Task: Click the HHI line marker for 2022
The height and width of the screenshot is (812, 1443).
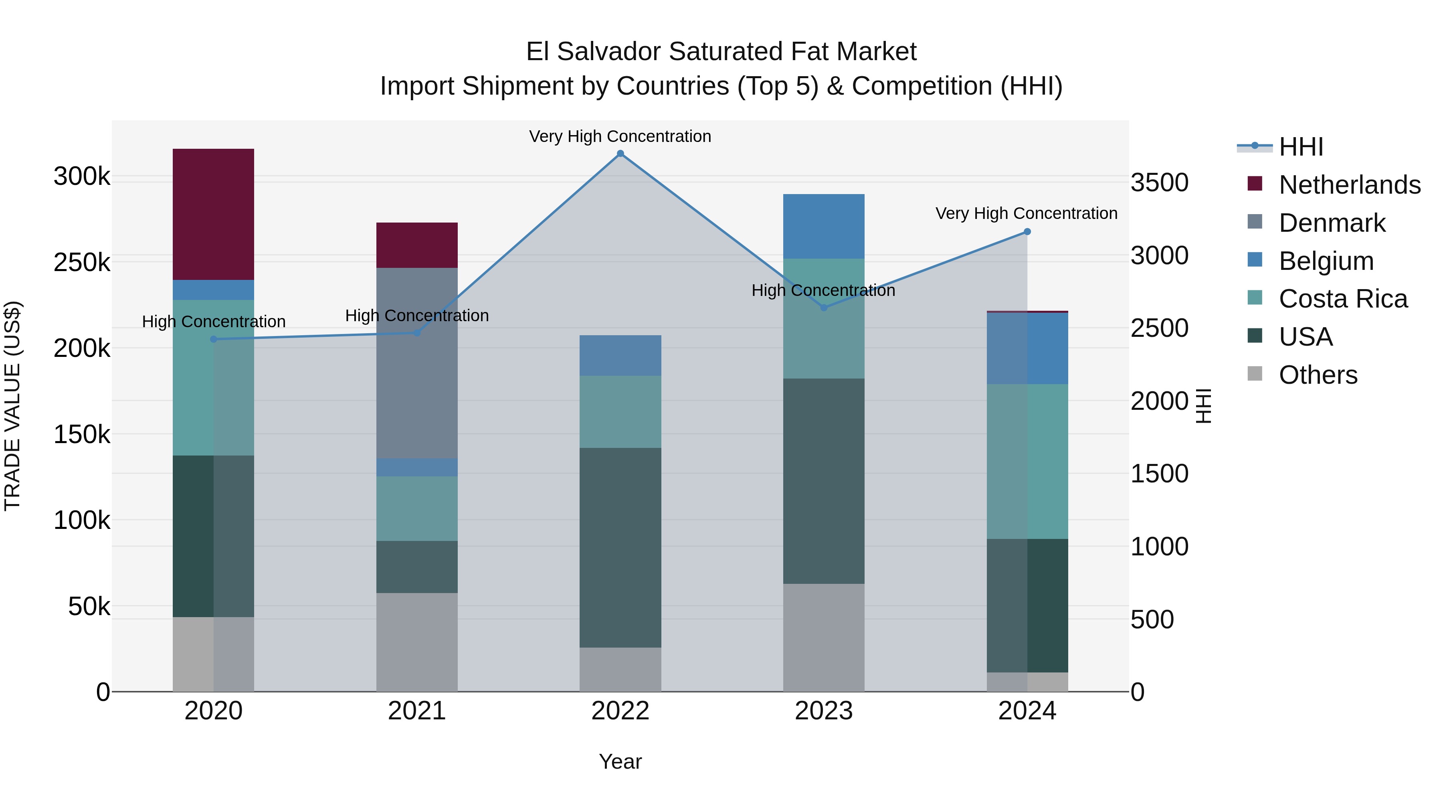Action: tap(620, 154)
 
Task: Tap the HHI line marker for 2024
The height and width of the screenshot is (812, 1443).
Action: tap(1027, 231)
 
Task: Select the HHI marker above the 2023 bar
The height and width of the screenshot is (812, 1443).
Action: tap(823, 308)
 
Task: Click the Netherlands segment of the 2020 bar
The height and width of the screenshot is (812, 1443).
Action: tap(213, 214)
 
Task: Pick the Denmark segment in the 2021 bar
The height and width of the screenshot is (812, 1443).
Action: tap(417, 363)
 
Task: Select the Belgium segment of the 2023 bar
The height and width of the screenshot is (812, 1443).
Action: tap(823, 227)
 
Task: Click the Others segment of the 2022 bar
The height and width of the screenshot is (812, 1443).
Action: tap(620, 669)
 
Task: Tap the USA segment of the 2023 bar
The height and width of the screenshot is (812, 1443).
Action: tap(823, 481)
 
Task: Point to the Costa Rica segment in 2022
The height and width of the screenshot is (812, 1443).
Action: tap(620, 411)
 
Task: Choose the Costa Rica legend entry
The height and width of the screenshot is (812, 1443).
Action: tap(1342, 299)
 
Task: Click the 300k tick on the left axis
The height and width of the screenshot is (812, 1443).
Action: tap(82, 176)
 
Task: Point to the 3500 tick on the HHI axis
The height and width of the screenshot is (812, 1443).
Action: tap(1159, 183)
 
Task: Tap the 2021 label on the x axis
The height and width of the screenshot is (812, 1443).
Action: tap(417, 711)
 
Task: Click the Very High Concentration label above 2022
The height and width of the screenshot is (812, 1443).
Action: tap(620, 136)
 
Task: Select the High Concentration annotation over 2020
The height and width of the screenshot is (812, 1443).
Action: tap(213, 322)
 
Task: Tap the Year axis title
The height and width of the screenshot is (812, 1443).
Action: tap(620, 761)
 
